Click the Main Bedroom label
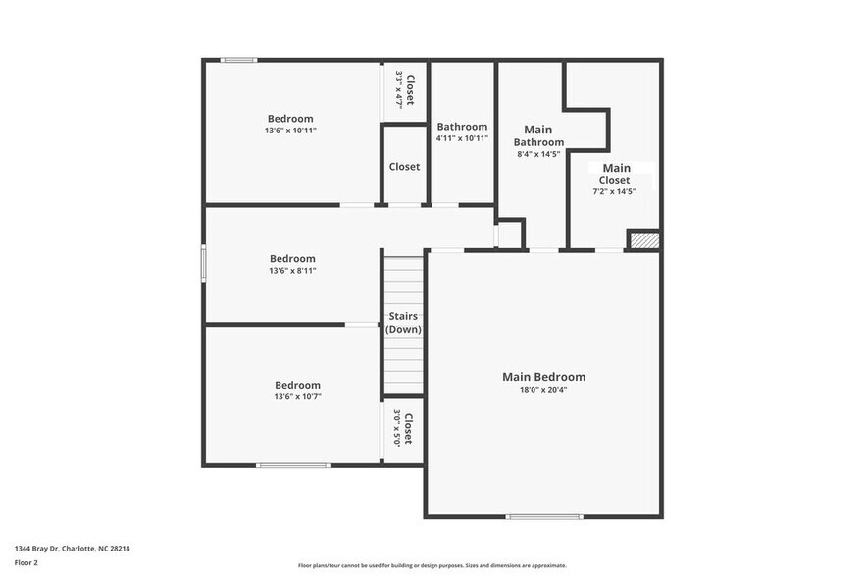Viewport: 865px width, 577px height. point(543,377)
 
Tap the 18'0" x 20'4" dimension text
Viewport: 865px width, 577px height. point(543,390)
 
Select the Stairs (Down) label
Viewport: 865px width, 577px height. point(403,322)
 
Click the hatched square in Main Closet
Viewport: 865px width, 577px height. point(643,239)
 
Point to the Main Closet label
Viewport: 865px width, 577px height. point(616,174)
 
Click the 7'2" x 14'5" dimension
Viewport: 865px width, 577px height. point(615,191)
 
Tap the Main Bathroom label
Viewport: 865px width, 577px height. point(538,135)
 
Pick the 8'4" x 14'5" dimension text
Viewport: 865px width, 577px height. point(538,154)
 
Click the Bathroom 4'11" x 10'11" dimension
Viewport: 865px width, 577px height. point(462,138)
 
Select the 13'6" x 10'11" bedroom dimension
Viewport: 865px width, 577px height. point(290,131)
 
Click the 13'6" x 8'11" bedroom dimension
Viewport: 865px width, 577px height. point(292,271)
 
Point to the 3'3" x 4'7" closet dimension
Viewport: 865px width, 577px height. point(399,87)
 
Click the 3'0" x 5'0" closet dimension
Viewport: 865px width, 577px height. point(397,428)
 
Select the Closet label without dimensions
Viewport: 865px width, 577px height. point(404,167)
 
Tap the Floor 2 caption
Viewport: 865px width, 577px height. point(26,562)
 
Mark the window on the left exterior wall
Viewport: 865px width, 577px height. point(204,263)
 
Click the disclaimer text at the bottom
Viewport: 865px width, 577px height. point(432,565)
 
